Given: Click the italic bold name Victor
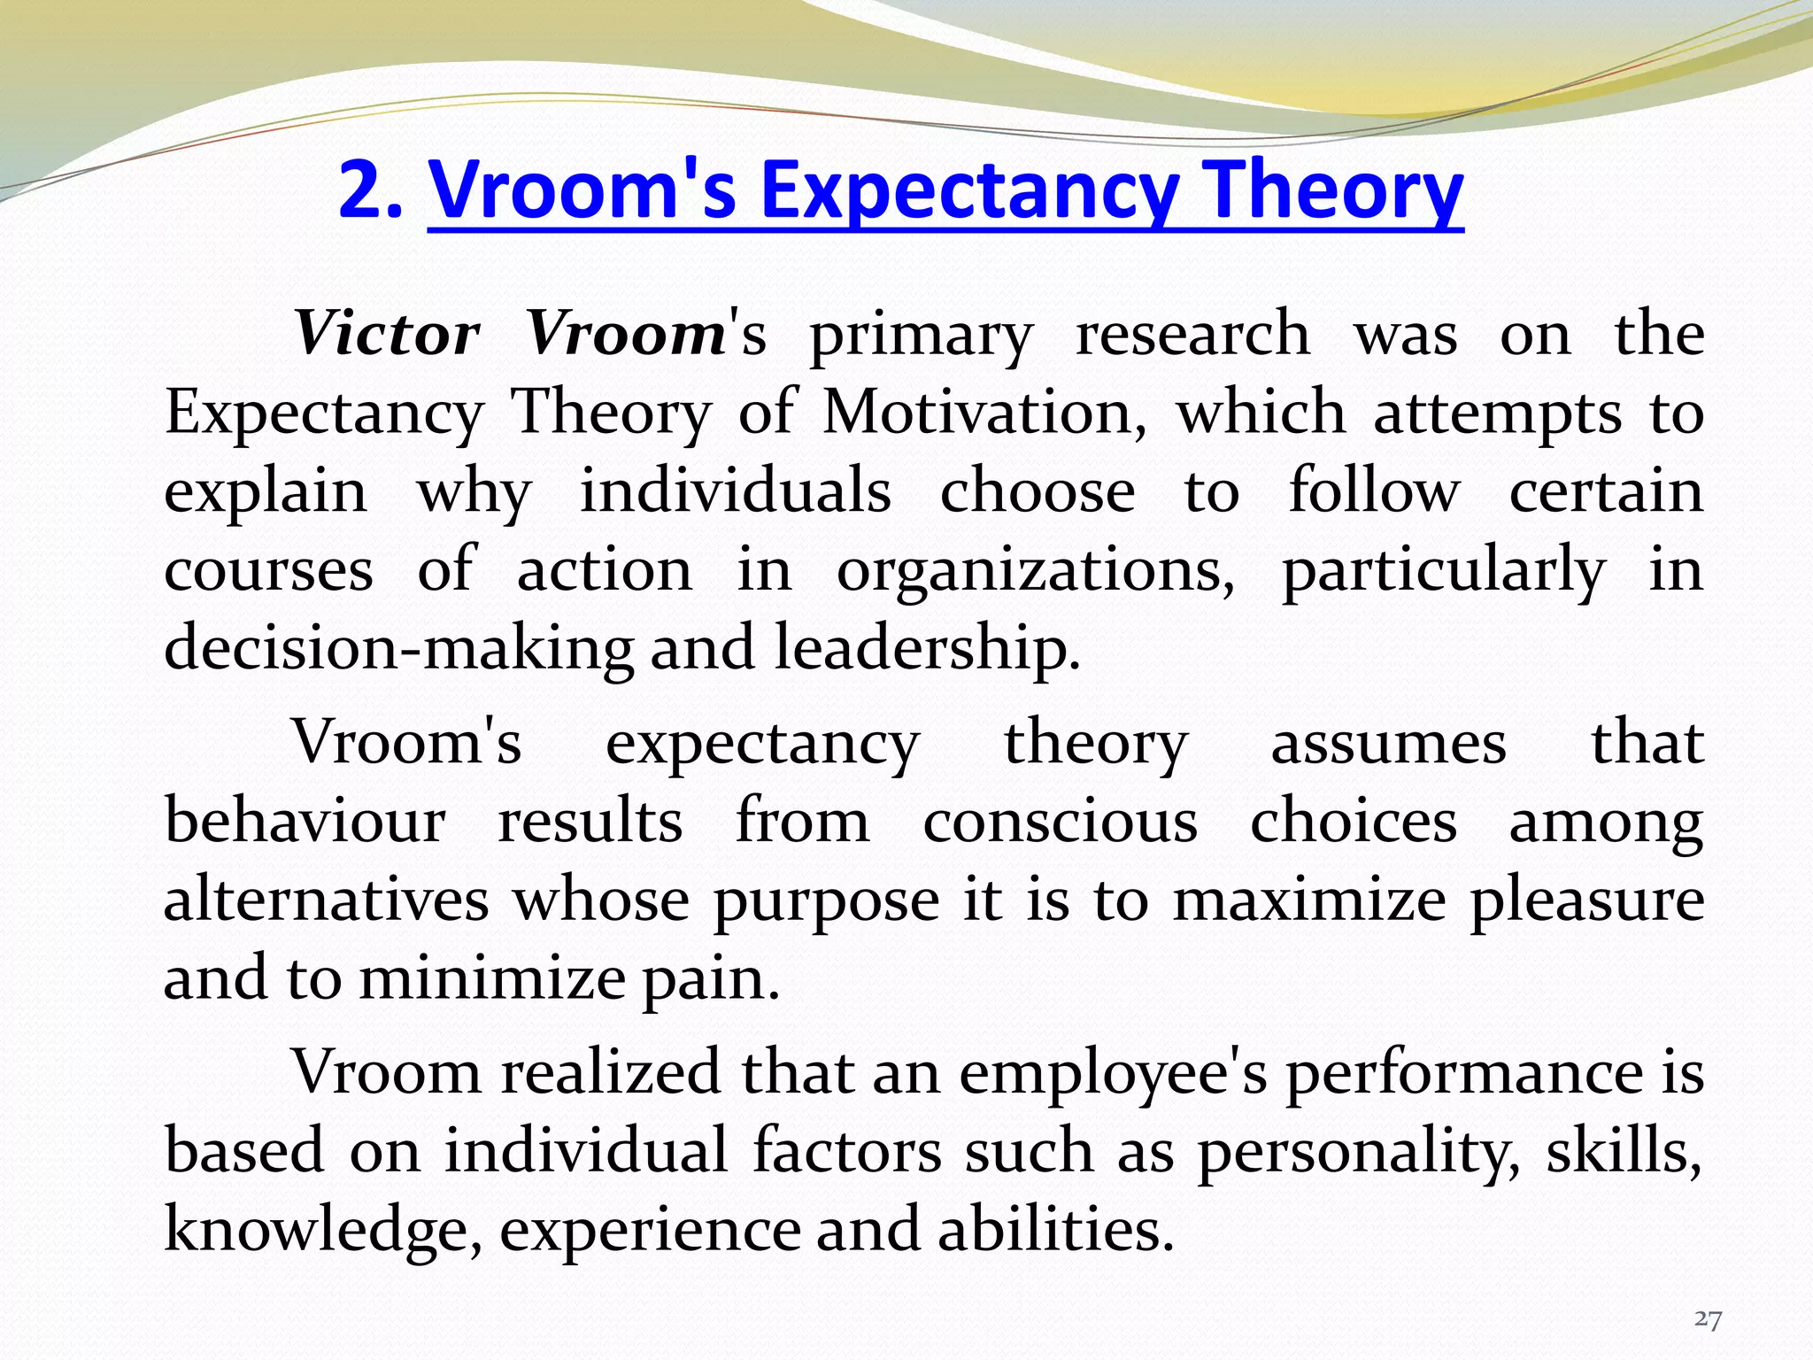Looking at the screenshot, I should (x=387, y=334).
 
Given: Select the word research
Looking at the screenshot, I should (x=1192, y=334).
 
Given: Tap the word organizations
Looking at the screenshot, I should (x=1036, y=571).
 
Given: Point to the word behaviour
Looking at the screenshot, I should (x=305, y=821).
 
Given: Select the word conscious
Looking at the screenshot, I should (x=1061, y=821).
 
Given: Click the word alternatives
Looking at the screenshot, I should (x=326, y=900).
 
